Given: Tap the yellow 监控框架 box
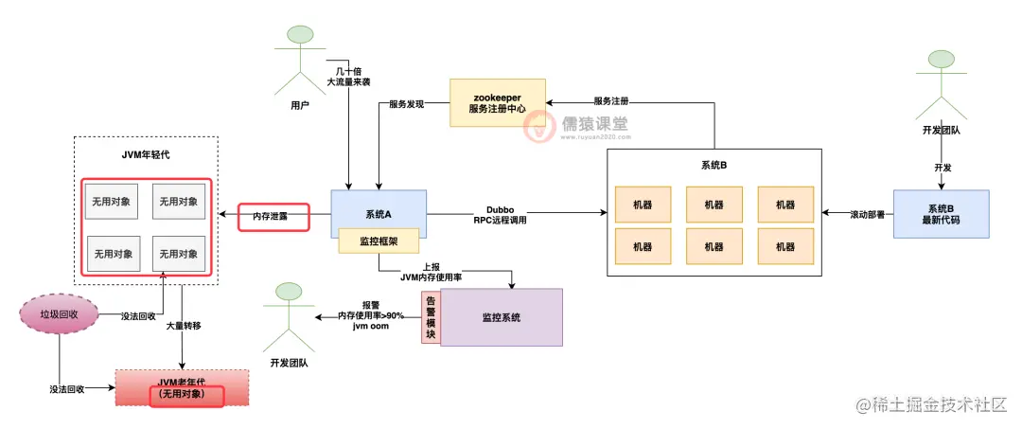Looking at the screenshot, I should click(x=379, y=241).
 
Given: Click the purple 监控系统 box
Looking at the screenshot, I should click(x=501, y=317).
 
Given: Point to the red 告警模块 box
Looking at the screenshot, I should click(x=431, y=317).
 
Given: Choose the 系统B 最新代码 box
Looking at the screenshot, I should click(x=941, y=214).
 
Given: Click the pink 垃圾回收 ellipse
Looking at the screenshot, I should click(x=60, y=313).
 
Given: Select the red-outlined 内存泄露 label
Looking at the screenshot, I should click(x=274, y=217).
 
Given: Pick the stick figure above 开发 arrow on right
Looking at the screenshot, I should click(x=941, y=80).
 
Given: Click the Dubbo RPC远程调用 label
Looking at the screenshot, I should click(x=500, y=214).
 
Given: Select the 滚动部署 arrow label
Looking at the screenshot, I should click(x=856, y=215).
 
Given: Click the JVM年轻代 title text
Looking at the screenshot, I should click(x=146, y=154).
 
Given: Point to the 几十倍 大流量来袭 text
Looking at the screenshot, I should click(x=348, y=76).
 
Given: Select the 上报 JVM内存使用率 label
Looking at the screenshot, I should click(x=431, y=272).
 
